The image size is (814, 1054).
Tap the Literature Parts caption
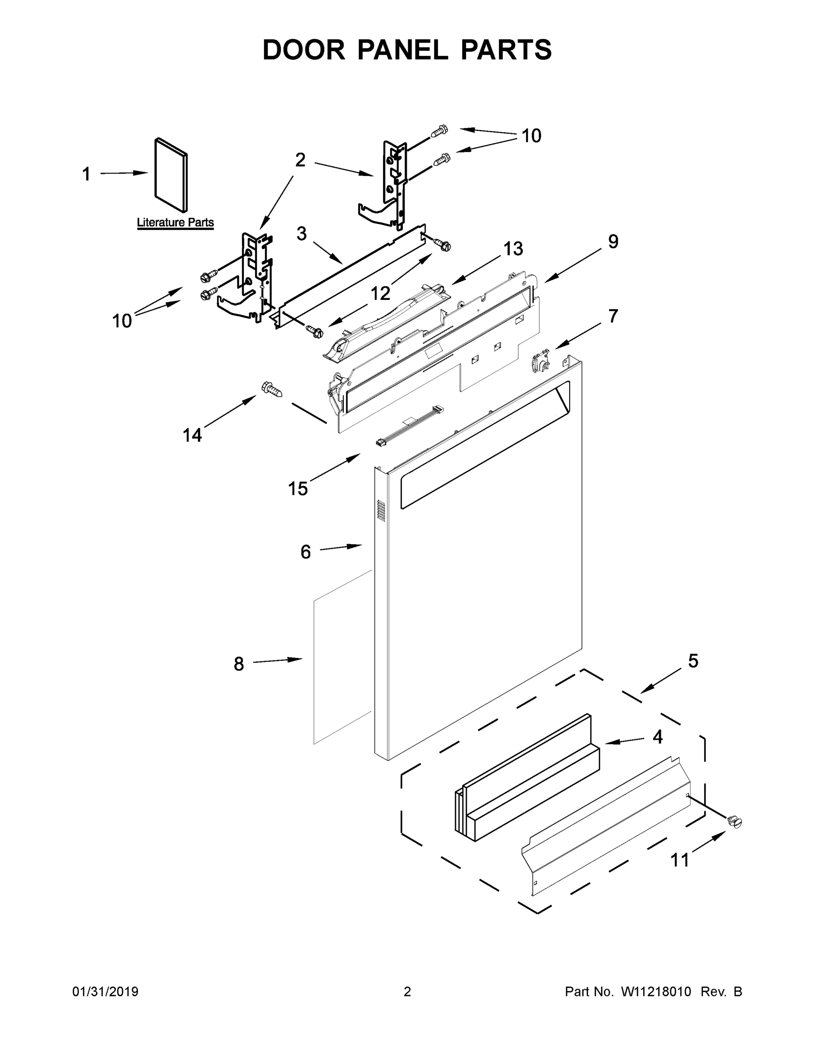[175, 223]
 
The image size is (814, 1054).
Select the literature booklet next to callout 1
[171, 175]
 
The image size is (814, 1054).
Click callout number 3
[301, 234]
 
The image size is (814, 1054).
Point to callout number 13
[513, 249]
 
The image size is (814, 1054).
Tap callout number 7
[613, 316]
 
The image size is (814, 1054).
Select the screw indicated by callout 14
[272, 389]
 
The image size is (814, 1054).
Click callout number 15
[298, 488]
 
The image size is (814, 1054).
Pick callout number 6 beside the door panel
[305, 552]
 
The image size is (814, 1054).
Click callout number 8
[239, 664]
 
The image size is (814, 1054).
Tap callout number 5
[693, 661]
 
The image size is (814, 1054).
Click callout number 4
[657, 737]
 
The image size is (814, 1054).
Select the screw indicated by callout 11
[735, 821]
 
